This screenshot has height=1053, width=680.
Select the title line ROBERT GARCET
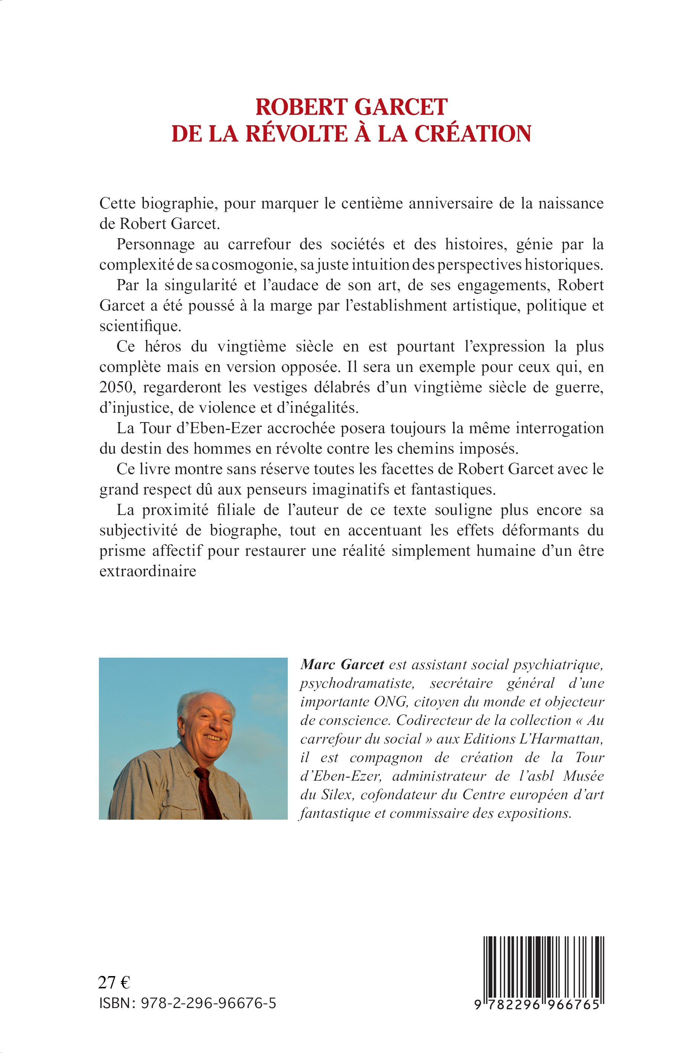point(352,107)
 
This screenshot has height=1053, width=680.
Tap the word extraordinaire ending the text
point(148,571)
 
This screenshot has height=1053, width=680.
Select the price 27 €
point(114,983)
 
